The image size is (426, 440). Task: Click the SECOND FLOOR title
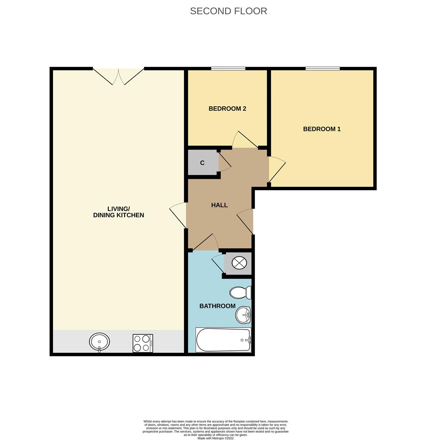228,11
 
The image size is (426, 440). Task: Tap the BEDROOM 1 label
322,129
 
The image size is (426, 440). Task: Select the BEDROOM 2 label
227,109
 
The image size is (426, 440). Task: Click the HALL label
219,205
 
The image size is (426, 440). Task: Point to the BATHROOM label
217,306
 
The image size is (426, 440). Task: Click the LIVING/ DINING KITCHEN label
119,212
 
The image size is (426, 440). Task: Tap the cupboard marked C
202,163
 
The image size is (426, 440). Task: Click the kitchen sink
99,341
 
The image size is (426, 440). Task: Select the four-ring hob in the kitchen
143,343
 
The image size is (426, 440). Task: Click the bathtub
223,340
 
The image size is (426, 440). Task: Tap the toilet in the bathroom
240,293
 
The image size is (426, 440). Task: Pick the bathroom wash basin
243,315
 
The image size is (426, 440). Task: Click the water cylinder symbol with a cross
239,263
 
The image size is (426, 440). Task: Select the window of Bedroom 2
228,68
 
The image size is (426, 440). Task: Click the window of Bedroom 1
323,68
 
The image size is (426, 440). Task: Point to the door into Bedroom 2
244,141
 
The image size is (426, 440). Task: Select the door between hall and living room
178,215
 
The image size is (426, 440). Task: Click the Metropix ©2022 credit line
215,438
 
